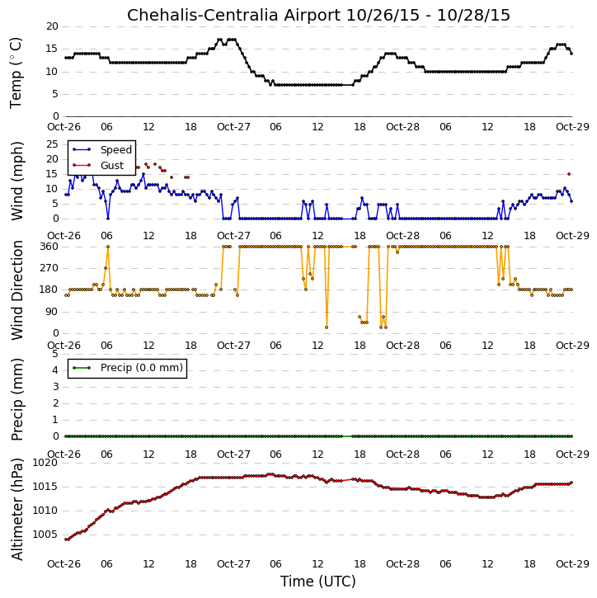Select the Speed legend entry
click(x=102, y=149)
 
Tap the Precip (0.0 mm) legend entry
click(x=128, y=368)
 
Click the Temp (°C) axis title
click(x=16, y=73)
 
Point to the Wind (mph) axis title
click(x=17, y=181)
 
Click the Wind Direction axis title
click(x=17, y=290)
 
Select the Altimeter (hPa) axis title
click(x=17, y=509)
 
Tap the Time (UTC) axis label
click(x=318, y=582)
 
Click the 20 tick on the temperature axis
click(x=52, y=26)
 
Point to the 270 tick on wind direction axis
click(x=49, y=268)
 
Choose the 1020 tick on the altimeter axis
click(x=45, y=463)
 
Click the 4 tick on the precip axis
click(x=55, y=370)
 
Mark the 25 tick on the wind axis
click(x=52, y=144)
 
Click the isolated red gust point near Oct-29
click(x=569, y=174)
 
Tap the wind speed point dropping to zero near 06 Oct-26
click(x=108, y=219)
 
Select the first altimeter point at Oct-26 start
click(x=66, y=539)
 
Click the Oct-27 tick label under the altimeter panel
click(x=233, y=563)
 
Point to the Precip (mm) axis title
click(x=17, y=400)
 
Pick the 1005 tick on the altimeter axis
click(x=45, y=534)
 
